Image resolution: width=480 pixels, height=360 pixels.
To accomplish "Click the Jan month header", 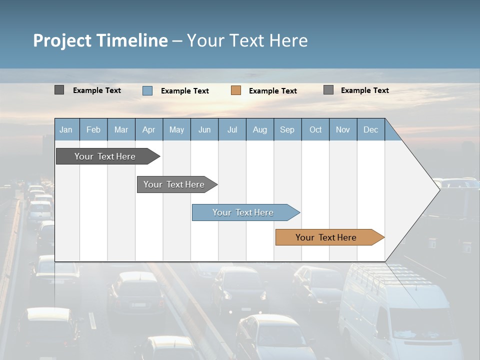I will [x=66, y=129].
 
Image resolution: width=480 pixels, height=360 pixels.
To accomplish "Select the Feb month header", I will [x=93, y=129].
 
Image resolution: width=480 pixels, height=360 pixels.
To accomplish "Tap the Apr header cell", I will [x=148, y=129].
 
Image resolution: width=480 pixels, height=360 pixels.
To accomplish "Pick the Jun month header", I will [x=204, y=129].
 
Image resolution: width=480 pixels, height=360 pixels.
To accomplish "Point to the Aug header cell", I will [x=259, y=129].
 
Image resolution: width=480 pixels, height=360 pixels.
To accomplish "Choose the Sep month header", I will [x=287, y=129].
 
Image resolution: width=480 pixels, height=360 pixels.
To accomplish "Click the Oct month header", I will [x=315, y=129].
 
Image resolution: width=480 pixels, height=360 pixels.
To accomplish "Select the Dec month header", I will [x=370, y=129].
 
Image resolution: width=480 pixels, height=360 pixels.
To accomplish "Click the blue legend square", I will [x=147, y=90].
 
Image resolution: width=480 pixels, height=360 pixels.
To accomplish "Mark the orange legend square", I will [x=236, y=90].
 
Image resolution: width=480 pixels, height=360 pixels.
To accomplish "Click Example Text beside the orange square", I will [x=272, y=91].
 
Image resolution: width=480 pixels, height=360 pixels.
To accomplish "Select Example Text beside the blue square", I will [x=184, y=91].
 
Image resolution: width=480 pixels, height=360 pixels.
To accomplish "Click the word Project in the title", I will [x=62, y=40].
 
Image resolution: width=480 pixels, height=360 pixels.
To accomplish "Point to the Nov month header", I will [x=343, y=129].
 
